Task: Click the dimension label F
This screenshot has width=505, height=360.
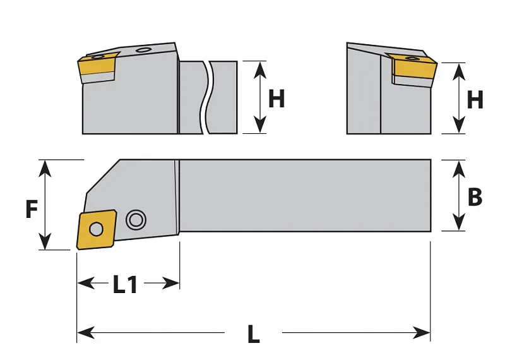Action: [x=32, y=209]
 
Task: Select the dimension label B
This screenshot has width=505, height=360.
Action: [x=475, y=196]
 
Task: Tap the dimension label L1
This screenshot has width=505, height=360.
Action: [x=125, y=284]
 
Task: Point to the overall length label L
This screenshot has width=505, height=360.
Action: [x=254, y=333]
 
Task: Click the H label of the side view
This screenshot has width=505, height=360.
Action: [x=276, y=99]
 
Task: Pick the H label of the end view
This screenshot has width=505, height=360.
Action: [x=475, y=100]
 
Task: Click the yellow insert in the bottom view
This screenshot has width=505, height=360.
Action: [x=96, y=229]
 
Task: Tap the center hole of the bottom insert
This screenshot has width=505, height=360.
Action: [x=96, y=229]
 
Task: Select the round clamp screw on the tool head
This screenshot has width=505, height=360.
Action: [x=136, y=220]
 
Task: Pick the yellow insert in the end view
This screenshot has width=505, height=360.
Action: [x=412, y=66]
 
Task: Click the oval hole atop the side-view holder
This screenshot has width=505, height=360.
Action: [x=143, y=50]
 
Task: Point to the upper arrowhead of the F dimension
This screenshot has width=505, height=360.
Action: [x=45, y=167]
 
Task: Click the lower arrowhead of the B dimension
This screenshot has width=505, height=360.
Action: [x=458, y=222]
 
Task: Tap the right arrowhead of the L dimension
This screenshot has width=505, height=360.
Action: [x=422, y=332]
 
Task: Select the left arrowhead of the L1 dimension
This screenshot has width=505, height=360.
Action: [x=86, y=283]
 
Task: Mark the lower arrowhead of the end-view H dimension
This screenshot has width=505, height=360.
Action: [x=459, y=126]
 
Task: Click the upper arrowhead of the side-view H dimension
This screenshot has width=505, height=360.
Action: [x=260, y=69]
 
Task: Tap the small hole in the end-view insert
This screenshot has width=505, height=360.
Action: [x=411, y=58]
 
